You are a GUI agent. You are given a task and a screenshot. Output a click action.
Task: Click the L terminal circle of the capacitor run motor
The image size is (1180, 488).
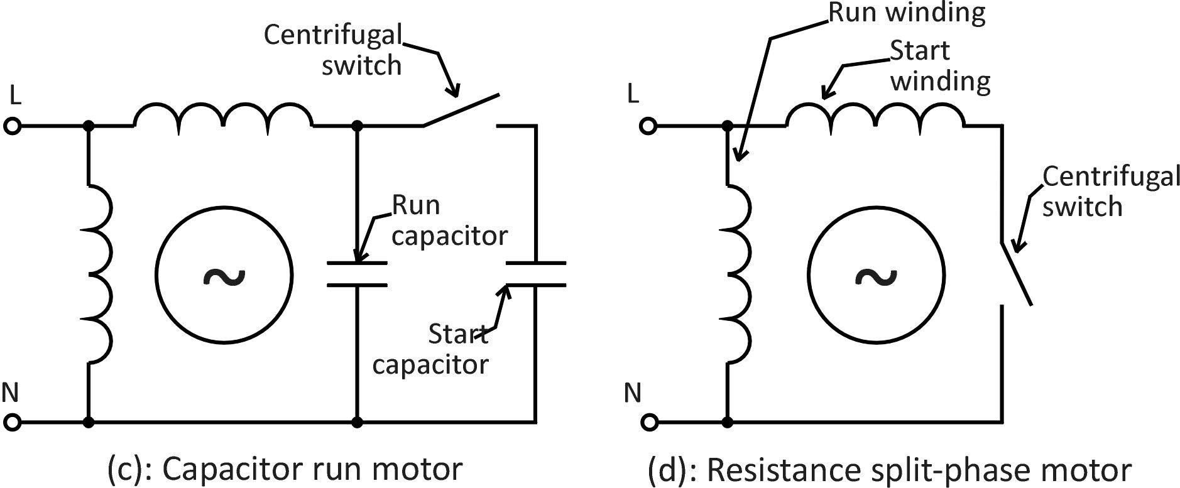click(x=12, y=126)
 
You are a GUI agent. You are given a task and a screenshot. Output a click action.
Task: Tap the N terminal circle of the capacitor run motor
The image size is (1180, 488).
click(x=12, y=421)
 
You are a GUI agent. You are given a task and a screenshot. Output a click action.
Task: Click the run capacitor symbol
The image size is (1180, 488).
click(x=357, y=274)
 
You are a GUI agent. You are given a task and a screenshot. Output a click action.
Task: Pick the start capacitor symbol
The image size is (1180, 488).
click(x=535, y=274)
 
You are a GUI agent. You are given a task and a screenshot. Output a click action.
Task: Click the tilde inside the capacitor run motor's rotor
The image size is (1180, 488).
click(x=224, y=275)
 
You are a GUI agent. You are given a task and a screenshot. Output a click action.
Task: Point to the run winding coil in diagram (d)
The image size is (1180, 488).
click(x=739, y=274)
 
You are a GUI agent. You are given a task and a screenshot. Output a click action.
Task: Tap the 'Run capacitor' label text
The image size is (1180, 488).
click(x=449, y=220)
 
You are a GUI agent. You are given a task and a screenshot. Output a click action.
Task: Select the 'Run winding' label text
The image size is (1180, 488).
click(x=907, y=13)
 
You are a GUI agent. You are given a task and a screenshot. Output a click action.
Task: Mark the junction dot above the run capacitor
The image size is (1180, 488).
click(x=358, y=126)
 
